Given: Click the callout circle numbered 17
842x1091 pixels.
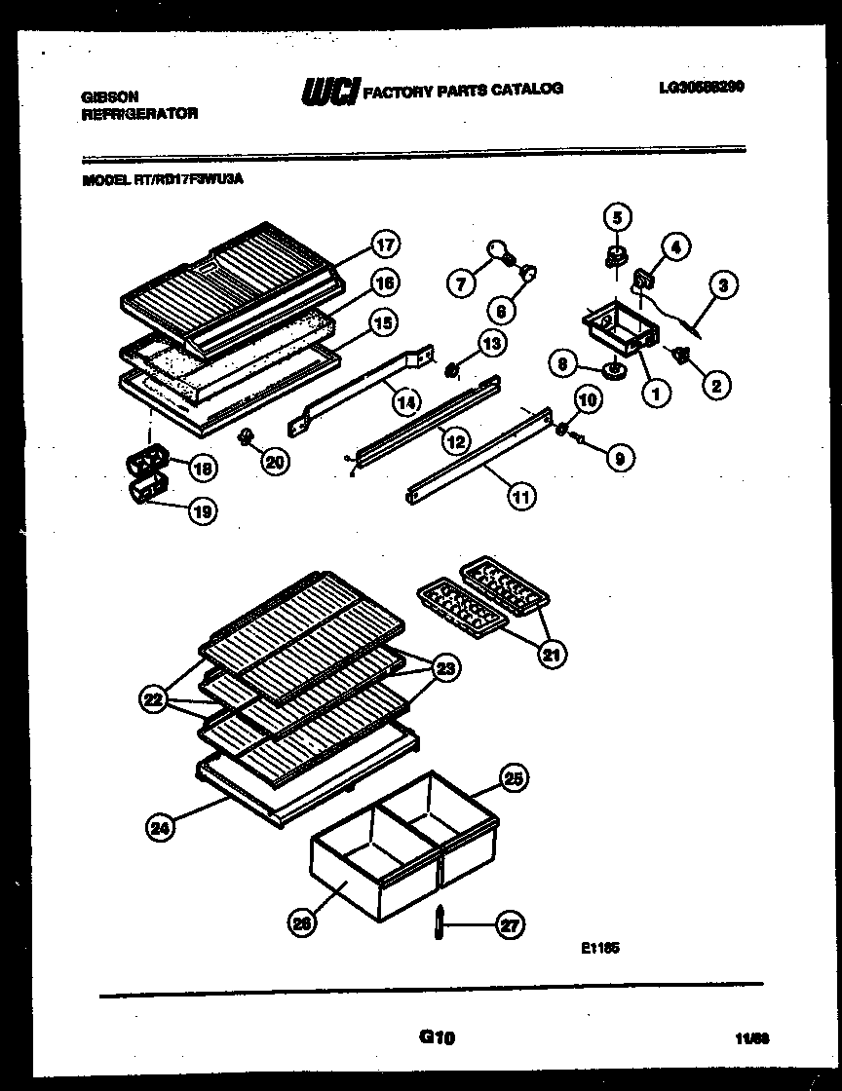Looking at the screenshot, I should (387, 245).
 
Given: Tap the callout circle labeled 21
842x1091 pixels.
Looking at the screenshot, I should (552, 655).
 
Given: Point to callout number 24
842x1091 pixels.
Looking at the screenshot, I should (160, 828).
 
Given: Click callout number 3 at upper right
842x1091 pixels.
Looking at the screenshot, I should (723, 286).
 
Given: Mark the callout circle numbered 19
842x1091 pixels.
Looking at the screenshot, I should (202, 509).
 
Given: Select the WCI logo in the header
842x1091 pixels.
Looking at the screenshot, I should (330, 91).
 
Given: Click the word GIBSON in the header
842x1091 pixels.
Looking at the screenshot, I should (109, 96).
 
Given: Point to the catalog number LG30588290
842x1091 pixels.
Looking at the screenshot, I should (701, 87).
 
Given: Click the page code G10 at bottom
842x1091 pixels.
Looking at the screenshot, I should (437, 1038).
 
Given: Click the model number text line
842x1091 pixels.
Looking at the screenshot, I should (162, 179).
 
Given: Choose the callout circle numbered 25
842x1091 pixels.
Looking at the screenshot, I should (514, 777).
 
